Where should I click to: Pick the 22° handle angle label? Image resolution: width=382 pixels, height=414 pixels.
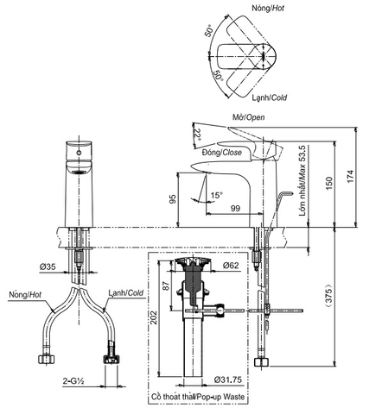coord(197,135)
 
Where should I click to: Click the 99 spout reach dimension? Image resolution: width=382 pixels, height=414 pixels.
coord(212,209)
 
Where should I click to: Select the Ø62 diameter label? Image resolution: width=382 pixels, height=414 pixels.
coord(231,267)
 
